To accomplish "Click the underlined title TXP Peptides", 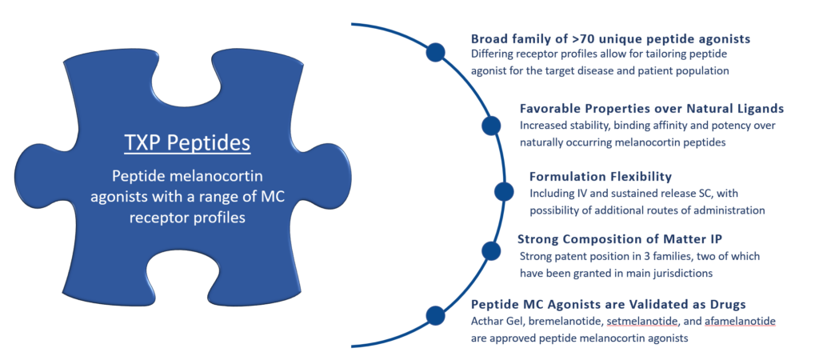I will (187, 143).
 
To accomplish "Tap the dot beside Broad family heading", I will (435, 53).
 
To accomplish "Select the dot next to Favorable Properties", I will (491, 125).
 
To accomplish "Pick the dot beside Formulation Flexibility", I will (504, 191).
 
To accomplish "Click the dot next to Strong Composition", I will (491, 250).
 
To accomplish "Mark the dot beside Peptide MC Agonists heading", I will (435, 315).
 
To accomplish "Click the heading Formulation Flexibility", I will (600, 176).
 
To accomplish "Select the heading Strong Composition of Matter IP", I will (632, 239).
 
